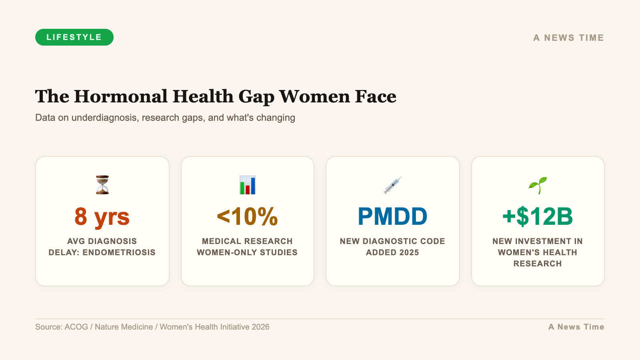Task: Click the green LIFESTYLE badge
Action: point(74,37)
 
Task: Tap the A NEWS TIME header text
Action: point(568,38)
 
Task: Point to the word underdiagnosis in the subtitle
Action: point(104,118)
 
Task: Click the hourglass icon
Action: point(102,185)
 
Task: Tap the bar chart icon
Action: point(247,185)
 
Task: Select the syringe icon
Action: point(392,185)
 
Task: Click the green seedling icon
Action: point(538,185)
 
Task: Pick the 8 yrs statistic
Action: point(102,216)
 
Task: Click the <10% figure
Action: point(247,216)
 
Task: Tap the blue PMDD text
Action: point(392,216)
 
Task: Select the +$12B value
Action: point(538,216)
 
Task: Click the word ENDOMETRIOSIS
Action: point(119,252)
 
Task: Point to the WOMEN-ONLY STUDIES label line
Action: point(247,252)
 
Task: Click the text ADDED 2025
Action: point(392,252)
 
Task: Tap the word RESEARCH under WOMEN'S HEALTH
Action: point(538,264)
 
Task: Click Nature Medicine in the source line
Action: point(124,327)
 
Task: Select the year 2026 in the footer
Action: point(260,327)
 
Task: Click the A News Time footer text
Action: point(576,327)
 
